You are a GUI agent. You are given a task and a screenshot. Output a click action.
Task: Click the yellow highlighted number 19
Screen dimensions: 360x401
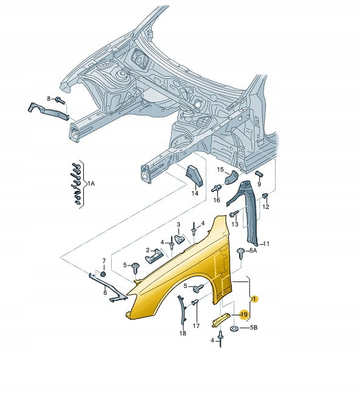(x=244, y=314)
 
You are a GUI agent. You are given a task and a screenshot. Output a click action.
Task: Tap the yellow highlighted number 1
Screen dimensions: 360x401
(x=254, y=299)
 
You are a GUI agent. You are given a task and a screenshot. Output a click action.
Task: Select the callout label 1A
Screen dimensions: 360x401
(x=91, y=183)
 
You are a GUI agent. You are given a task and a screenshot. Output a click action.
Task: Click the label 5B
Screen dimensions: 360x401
(x=253, y=327)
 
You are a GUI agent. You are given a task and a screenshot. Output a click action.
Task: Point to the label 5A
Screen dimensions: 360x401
(x=253, y=250)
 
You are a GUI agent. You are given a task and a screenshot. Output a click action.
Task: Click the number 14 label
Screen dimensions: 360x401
(x=195, y=193)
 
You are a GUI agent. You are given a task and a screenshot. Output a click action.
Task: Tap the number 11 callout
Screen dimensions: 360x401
(x=267, y=244)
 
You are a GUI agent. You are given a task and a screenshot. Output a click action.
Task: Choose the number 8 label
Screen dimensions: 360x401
(x=49, y=98)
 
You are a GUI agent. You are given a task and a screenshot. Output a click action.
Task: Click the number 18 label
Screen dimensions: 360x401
(x=183, y=333)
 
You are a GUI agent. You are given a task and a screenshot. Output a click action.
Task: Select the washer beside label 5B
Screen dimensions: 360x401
(x=234, y=328)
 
